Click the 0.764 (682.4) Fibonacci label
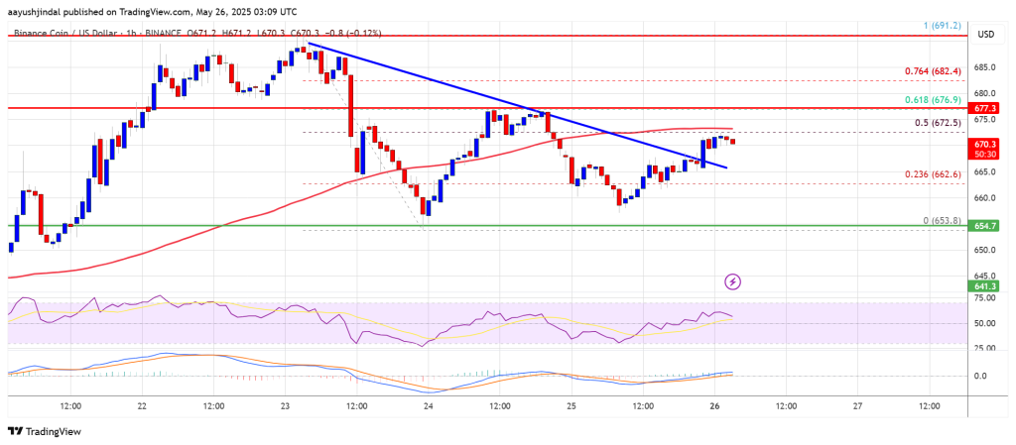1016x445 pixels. coord(930,71)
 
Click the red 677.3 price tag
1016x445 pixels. coord(985,107)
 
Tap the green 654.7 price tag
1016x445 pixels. coord(985,226)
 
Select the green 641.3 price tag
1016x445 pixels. coord(985,285)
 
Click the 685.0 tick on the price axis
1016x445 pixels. coord(984,66)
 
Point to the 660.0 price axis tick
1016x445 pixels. coord(984,197)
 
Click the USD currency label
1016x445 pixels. coord(985,34)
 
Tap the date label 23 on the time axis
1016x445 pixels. coord(286,405)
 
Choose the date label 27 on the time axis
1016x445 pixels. coord(857,405)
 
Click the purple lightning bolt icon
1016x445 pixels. coord(732,281)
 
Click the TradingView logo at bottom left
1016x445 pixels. coord(45,431)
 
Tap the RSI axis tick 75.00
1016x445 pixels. coord(984,298)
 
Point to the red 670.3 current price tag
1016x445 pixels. coord(985,144)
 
